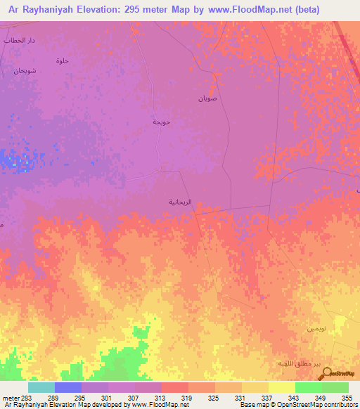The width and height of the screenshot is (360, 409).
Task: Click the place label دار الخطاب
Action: (19, 41)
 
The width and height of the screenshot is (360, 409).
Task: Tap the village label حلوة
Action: (63, 61)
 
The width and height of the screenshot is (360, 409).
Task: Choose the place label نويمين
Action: (316, 329)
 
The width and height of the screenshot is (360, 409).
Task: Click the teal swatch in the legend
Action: (41, 387)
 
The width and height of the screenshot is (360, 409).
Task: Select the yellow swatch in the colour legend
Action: (281, 387)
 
